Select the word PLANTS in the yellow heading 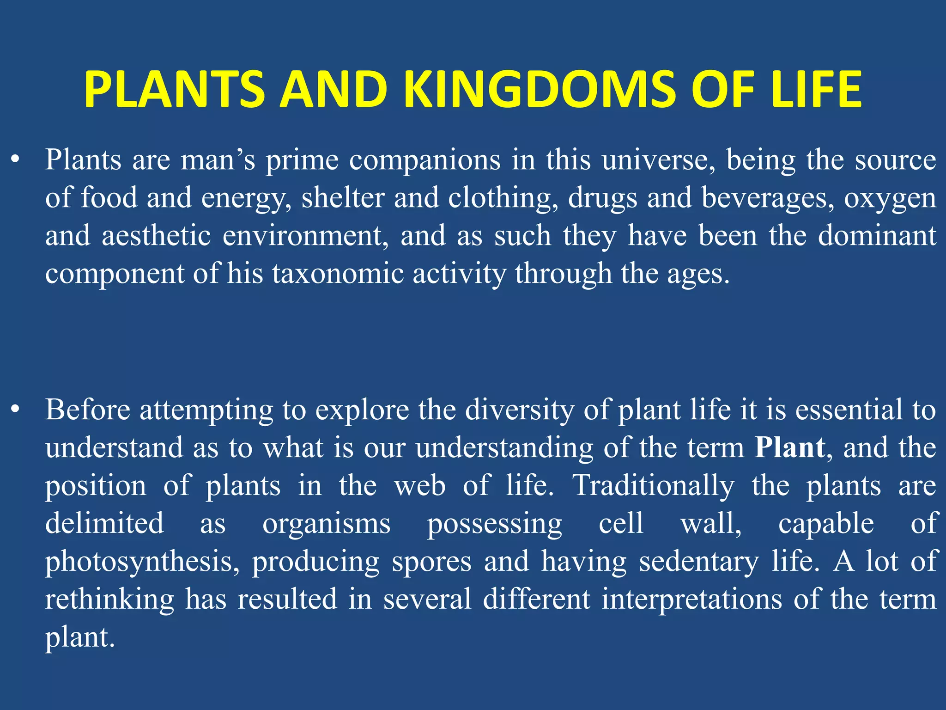pos(174,90)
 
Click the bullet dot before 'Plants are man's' pos(16,160)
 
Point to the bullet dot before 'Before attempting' pos(16,410)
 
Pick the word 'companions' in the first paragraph pos(424,160)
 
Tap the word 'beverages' pos(768,198)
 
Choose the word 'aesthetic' pos(156,236)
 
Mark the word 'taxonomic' pos(337,274)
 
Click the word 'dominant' pos(877,236)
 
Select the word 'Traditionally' pos(653,486)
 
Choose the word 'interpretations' pos(692,599)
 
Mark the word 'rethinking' pos(109,599)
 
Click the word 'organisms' pos(327,524)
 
